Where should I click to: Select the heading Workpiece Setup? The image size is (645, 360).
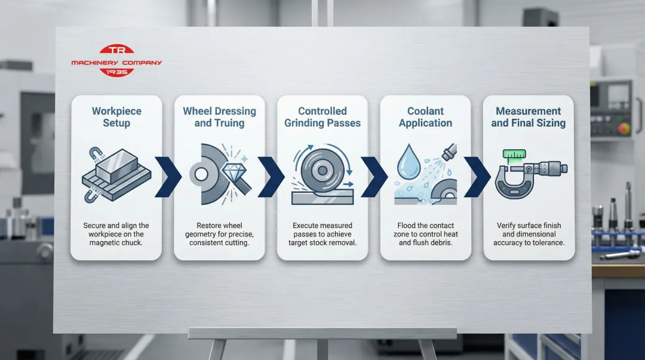[116, 117]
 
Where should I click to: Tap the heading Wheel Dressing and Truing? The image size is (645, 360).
[219, 117]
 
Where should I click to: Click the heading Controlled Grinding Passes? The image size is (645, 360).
[322, 117]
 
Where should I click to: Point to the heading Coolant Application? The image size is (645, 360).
[425, 117]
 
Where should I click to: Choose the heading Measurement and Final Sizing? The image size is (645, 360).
[528, 117]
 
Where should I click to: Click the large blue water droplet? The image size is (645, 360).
[409, 162]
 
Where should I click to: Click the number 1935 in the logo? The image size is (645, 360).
[116, 72]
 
